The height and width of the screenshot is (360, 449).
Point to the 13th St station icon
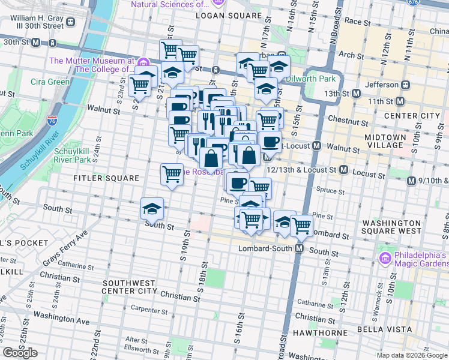tap(357, 94)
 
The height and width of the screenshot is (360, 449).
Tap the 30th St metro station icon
tap(36, 43)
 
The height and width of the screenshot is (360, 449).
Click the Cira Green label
tap(50, 82)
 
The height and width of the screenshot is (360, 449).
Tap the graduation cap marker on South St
tap(152, 209)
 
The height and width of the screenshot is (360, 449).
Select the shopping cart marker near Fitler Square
tap(172, 174)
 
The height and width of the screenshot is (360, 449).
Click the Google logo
tap(20, 353)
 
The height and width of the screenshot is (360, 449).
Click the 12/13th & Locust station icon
tap(343, 170)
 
